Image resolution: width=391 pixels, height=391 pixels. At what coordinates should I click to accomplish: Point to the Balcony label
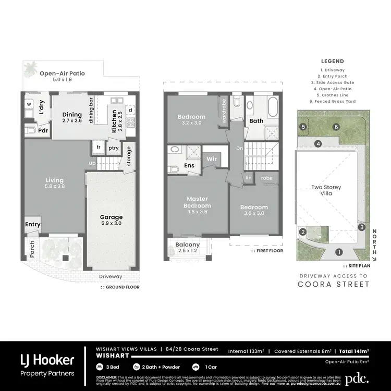(188, 245)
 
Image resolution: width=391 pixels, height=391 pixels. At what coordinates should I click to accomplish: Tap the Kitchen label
(114, 121)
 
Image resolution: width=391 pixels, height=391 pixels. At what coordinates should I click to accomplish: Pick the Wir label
(212, 159)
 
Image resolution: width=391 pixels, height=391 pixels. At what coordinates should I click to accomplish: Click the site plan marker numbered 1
(339, 252)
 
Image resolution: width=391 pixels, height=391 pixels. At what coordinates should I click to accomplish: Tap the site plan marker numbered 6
(337, 127)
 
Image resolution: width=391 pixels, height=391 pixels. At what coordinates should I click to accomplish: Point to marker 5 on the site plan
(303, 127)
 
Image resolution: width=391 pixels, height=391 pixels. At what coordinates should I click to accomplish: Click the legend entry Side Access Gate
(340, 82)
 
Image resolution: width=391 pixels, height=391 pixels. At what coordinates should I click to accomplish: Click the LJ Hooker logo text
(47, 360)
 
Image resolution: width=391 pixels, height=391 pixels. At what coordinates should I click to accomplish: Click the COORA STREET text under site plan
(334, 284)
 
